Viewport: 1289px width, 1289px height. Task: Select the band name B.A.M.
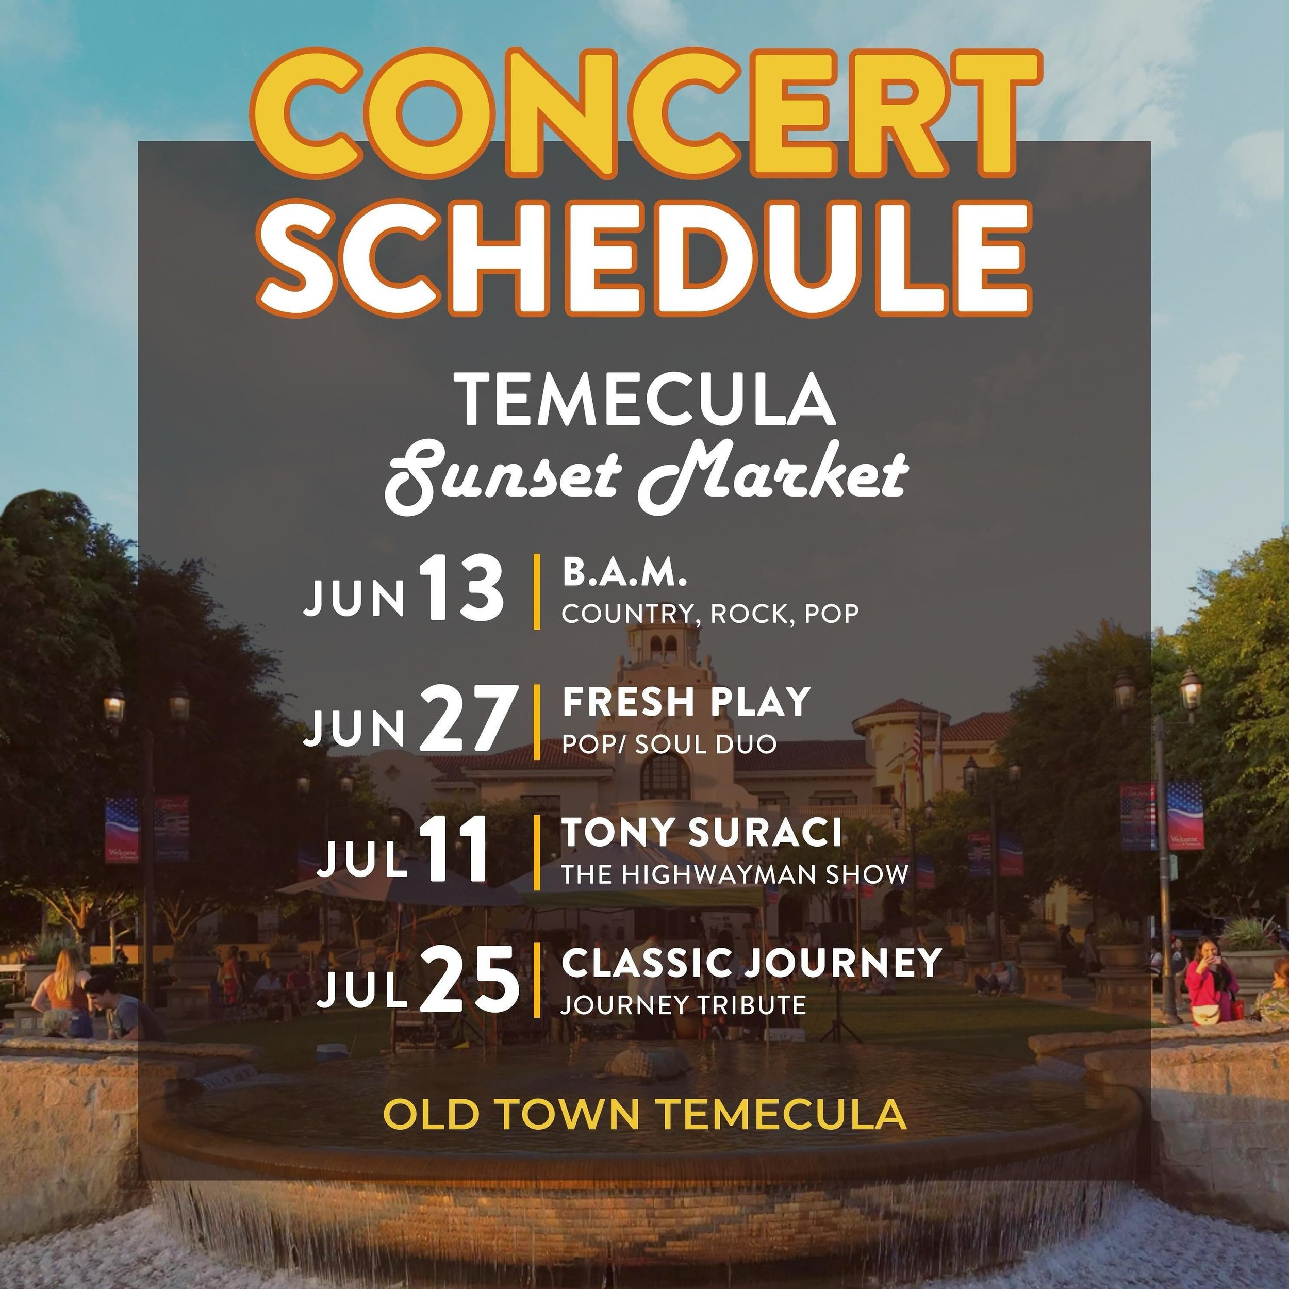624,574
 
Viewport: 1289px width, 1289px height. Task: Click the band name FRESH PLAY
686,702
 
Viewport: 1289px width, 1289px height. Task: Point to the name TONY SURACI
701,833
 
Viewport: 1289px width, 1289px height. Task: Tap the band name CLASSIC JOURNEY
751,963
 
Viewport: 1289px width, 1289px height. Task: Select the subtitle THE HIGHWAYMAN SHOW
734,874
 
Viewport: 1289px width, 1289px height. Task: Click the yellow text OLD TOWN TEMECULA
644,1114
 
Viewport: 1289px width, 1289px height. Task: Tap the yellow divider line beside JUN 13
536,591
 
